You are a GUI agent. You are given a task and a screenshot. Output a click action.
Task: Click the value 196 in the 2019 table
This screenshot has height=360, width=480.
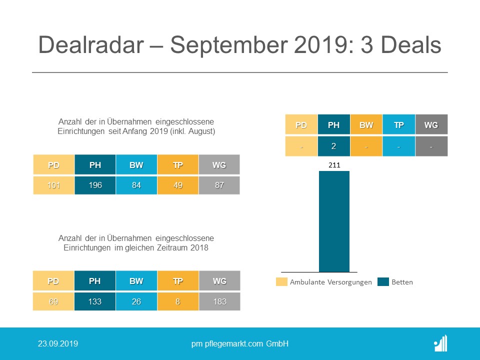click(x=95, y=185)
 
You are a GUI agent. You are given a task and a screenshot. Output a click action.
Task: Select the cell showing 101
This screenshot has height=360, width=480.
click(x=53, y=185)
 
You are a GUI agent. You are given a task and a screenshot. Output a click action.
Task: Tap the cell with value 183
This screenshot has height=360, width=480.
click(x=219, y=301)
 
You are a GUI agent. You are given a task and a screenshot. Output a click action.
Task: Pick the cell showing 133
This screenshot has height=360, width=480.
click(x=95, y=301)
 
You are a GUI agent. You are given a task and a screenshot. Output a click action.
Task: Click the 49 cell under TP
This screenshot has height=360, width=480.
click(x=178, y=185)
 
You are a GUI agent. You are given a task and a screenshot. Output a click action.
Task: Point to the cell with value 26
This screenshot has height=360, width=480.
click(x=136, y=301)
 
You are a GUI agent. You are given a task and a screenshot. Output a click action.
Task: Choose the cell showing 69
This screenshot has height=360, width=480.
click(x=53, y=301)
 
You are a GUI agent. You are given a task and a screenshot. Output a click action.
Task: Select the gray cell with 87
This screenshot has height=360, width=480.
click(x=219, y=185)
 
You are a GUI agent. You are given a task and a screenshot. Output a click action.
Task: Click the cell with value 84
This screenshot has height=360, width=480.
click(x=136, y=185)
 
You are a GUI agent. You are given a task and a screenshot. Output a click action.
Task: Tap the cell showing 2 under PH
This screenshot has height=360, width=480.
click(x=334, y=146)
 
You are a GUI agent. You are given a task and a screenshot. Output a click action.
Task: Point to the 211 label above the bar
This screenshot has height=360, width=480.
click(x=334, y=163)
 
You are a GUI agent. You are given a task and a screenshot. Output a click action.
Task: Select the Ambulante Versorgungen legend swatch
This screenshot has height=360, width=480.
click(x=281, y=282)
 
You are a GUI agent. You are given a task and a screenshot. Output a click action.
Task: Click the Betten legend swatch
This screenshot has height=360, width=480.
click(x=383, y=282)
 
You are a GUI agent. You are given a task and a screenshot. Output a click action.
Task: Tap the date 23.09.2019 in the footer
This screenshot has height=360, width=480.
click(x=58, y=344)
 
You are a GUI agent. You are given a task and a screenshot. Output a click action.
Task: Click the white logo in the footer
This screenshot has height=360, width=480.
click(x=440, y=343)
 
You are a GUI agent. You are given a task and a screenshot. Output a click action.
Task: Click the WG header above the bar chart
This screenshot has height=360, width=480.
click(x=431, y=125)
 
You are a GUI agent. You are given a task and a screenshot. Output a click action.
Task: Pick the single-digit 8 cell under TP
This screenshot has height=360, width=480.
click(x=178, y=301)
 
